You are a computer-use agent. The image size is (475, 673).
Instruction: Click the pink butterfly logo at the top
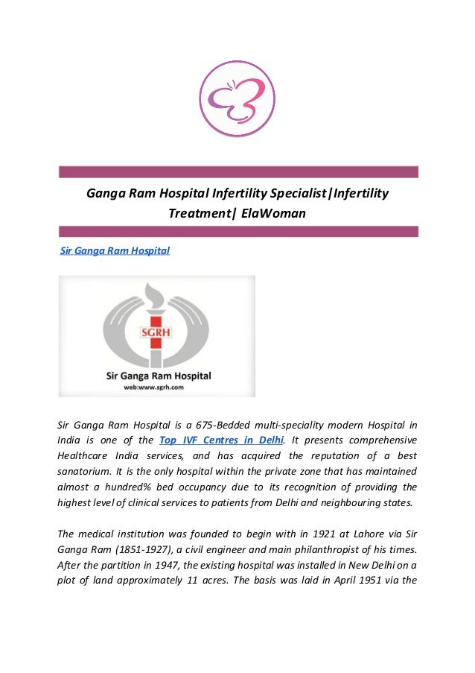pos(238,98)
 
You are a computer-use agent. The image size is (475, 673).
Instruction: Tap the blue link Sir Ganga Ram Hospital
pos(115,250)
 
